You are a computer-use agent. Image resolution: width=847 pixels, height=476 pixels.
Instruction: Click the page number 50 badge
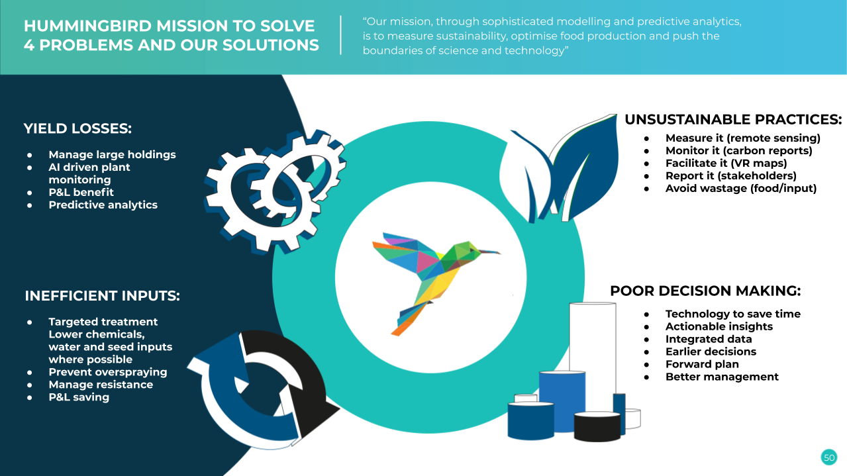pyautogui.click(x=829, y=457)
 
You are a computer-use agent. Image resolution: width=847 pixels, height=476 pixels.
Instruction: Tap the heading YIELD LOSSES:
pyautogui.click(x=77, y=128)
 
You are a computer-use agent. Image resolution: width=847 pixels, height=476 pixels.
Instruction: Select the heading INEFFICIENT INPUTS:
pyautogui.click(x=102, y=296)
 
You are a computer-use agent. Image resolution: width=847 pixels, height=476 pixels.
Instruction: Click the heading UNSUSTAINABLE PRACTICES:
pyautogui.click(x=733, y=119)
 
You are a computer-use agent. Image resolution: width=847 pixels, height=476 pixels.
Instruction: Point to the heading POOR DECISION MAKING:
pyautogui.click(x=705, y=291)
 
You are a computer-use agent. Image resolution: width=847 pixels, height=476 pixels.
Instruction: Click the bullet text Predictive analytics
pyautogui.click(x=103, y=205)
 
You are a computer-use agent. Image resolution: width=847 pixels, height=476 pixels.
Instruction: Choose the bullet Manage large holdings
pyautogui.click(x=112, y=155)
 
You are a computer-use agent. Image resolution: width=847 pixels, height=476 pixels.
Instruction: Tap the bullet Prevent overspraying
pyautogui.click(x=108, y=372)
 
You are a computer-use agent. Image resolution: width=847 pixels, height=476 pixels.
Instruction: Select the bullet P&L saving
pyautogui.click(x=79, y=397)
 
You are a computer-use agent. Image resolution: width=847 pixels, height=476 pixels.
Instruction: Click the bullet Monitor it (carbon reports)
pyautogui.click(x=739, y=151)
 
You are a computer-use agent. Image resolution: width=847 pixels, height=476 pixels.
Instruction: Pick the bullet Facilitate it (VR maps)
pyautogui.click(x=726, y=164)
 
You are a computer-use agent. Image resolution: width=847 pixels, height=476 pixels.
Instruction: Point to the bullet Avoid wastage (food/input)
pyautogui.click(x=741, y=188)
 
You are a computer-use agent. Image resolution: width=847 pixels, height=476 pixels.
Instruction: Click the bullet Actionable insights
pyautogui.click(x=719, y=326)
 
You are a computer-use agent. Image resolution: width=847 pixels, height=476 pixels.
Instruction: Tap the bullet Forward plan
pyautogui.click(x=702, y=364)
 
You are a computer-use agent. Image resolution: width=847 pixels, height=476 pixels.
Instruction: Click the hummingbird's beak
pyautogui.click(x=490, y=252)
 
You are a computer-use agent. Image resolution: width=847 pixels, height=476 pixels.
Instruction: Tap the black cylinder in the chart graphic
pyautogui.click(x=597, y=426)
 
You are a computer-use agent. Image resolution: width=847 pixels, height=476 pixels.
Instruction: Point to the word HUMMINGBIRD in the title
pyautogui.click(x=87, y=26)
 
